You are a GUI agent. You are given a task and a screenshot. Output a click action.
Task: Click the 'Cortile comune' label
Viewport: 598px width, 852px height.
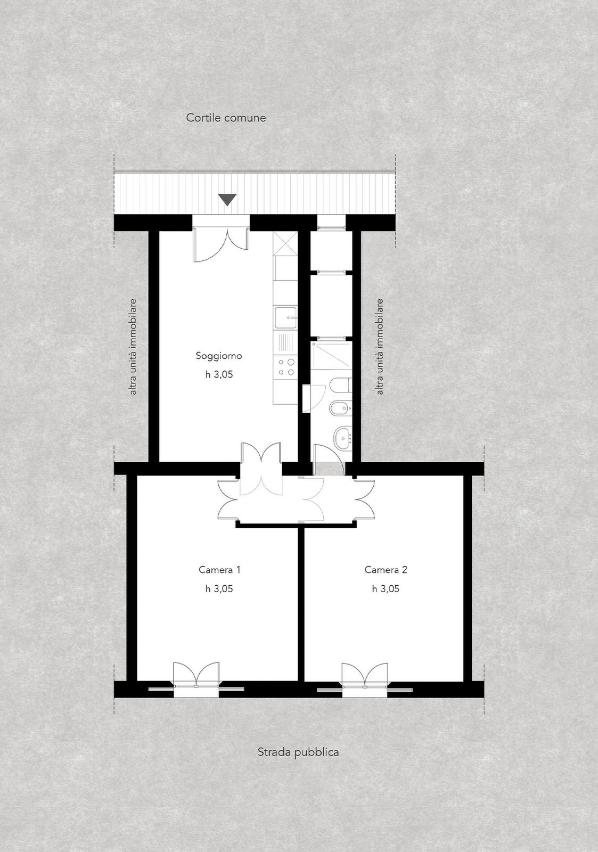click(226, 118)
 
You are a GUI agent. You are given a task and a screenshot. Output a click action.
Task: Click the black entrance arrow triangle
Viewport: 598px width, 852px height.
click(227, 200)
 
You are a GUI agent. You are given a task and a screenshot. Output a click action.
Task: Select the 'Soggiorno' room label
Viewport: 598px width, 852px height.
click(219, 356)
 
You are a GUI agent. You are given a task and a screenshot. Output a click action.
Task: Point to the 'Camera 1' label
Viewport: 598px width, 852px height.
click(219, 570)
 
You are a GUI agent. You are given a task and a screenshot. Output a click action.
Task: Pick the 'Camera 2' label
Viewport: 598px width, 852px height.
click(386, 570)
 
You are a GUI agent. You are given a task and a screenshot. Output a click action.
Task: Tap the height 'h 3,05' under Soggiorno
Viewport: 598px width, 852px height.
click(219, 375)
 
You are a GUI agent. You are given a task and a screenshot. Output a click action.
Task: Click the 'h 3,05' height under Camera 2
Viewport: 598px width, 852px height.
click(386, 589)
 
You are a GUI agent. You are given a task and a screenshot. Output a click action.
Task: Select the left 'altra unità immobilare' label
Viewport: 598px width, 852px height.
click(133, 347)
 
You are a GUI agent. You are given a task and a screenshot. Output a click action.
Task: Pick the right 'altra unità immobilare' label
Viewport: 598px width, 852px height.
click(380, 347)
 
